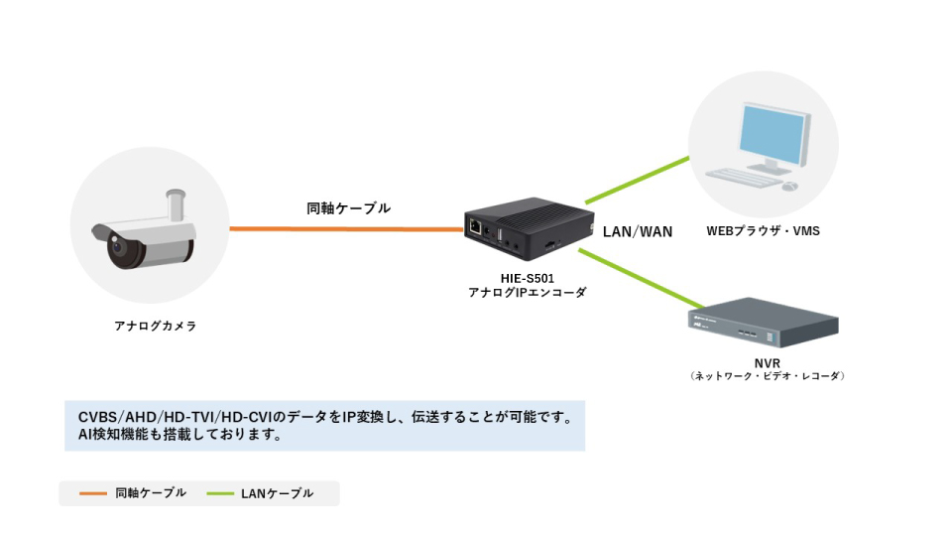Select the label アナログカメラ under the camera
156,326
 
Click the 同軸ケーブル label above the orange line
348,208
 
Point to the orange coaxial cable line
347,229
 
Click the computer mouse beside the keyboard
788,186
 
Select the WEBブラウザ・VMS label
763,231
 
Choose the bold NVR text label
767,363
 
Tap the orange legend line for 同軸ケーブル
92,493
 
